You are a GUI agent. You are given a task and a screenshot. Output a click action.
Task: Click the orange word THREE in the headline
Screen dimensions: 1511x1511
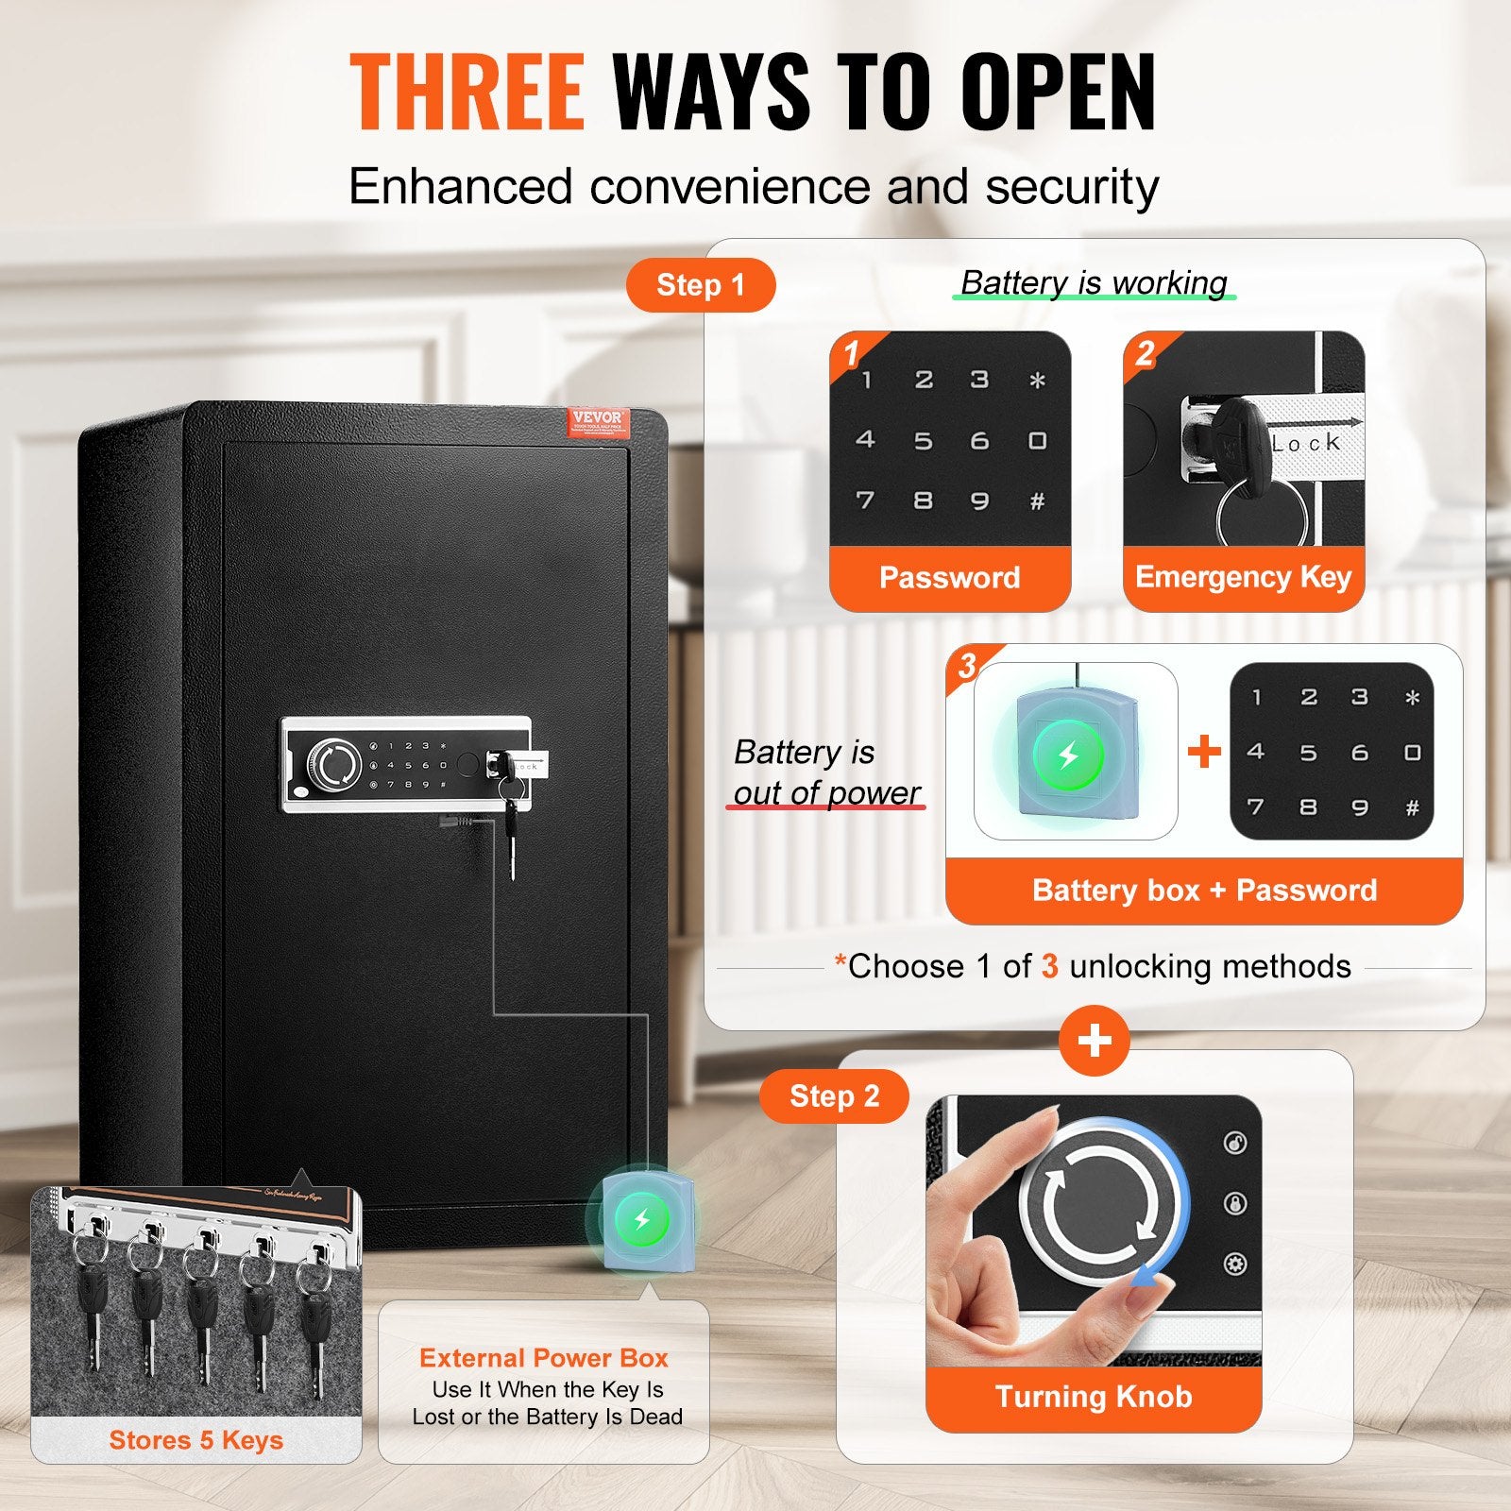pyautogui.click(x=467, y=92)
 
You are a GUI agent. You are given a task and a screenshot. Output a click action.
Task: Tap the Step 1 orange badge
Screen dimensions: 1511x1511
pyautogui.click(x=700, y=285)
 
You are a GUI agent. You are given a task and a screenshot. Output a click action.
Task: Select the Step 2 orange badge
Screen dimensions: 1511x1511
pyautogui.click(x=834, y=1096)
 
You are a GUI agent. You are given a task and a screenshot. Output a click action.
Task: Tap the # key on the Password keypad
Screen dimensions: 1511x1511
pyautogui.click(x=1037, y=501)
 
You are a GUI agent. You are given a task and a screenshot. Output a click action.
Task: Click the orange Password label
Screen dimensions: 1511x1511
pyautogui.click(x=949, y=577)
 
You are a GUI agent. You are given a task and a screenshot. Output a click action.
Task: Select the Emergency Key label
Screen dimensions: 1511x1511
pyautogui.click(x=1243, y=577)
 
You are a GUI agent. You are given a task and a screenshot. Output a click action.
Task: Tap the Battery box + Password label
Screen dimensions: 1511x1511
pyautogui.click(x=1204, y=891)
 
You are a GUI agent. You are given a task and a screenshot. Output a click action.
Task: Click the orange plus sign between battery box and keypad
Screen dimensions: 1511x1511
pyautogui.click(x=1204, y=752)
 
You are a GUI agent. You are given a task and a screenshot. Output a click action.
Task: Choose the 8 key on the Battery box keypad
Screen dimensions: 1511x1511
pyautogui.click(x=1308, y=807)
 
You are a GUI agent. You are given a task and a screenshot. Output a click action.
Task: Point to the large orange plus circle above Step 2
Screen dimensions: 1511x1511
pyautogui.click(x=1095, y=1041)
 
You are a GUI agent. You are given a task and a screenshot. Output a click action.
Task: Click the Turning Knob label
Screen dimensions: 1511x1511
pyautogui.click(x=1094, y=1397)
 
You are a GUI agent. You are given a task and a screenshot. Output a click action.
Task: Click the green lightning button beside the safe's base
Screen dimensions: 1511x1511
pyautogui.click(x=642, y=1219)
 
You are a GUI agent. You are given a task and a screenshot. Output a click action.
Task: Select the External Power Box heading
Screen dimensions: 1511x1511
pyautogui.click(x=544, y=1358)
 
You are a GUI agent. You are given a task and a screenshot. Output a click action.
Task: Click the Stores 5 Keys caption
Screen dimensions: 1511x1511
pyautogui.click(x=195, y=1440)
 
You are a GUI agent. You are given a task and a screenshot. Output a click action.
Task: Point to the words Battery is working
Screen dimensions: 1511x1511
pyautogui.click(x=1094, y=282)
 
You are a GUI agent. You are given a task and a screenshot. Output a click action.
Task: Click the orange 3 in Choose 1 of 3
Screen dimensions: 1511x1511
pyautogui.click(x=1049, y=966)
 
